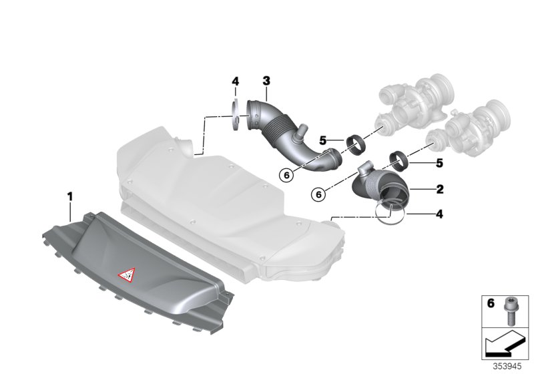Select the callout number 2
point(439,190)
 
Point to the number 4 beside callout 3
point(235,81)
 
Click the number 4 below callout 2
point(439,214)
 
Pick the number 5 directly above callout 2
point(439,163)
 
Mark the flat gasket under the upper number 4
point(235,115)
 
